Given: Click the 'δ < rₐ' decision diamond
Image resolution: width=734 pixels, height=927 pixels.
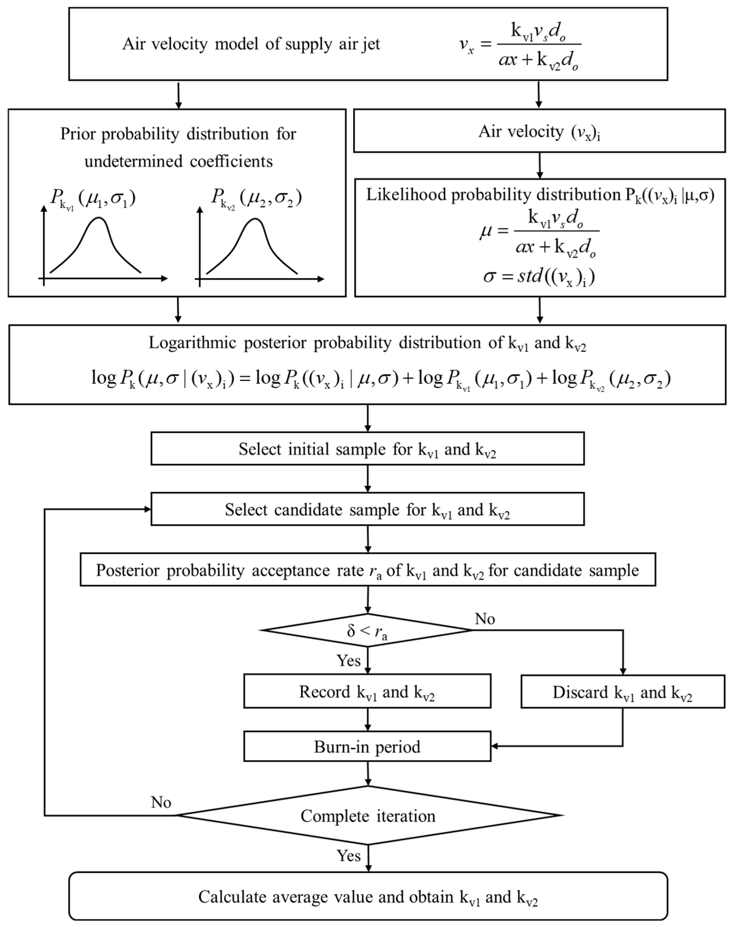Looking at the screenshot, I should pos(367,630).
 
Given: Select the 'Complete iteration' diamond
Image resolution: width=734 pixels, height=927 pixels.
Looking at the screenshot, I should pos(368,815).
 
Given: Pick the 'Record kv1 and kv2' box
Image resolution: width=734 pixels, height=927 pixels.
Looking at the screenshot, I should pos(367,691).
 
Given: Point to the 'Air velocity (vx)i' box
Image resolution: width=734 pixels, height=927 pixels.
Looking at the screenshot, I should pos(539,131).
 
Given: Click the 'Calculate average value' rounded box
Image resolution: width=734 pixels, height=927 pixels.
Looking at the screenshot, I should pos(368,897).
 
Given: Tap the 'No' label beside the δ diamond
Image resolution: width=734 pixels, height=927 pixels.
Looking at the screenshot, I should pos(485,619).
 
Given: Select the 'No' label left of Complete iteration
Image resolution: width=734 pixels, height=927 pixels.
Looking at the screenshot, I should pos(161,802).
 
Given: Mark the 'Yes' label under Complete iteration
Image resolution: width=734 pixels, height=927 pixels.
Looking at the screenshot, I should pos(348,856).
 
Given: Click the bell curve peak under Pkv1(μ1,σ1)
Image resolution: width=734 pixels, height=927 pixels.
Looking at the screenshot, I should pos(99,218).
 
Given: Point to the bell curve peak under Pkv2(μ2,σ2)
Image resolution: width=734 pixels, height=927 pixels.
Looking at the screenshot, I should pos(255,220).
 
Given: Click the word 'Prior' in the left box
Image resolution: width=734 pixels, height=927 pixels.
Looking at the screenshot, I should pos(78,134).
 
